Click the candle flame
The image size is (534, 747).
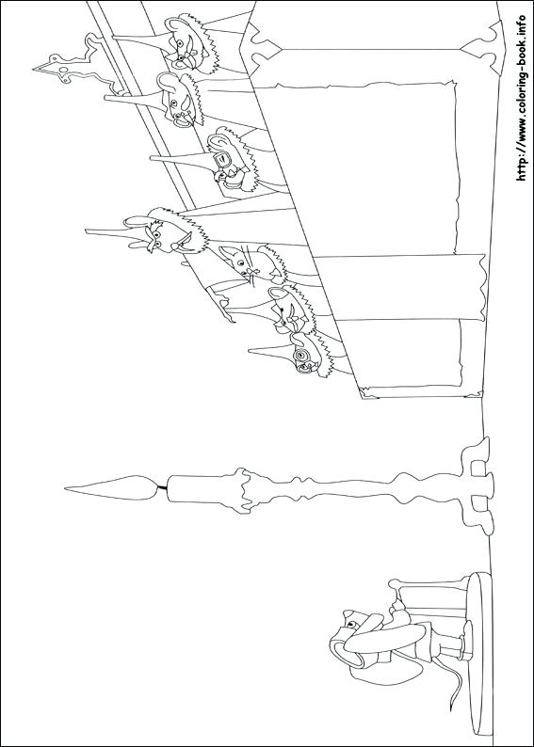point(108,486)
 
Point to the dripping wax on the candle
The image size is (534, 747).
point(247,485)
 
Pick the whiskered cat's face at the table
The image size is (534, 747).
point(239,260)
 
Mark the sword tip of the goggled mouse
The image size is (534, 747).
point(252,350)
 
